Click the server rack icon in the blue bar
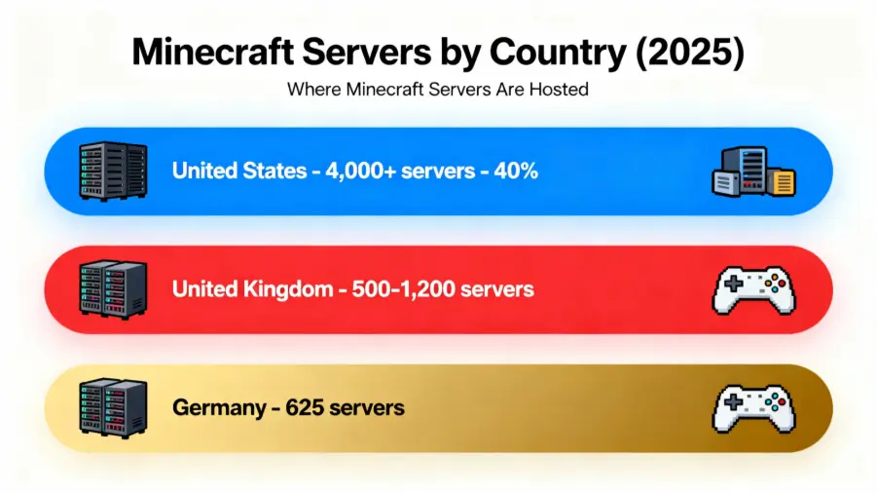tap(111, 171)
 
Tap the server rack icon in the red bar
tap(111, 289)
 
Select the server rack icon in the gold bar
tap(111, 407)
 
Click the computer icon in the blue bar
tap(752, 172)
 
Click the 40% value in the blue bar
tap(516, 171)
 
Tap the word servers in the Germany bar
tap(367, 407)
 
